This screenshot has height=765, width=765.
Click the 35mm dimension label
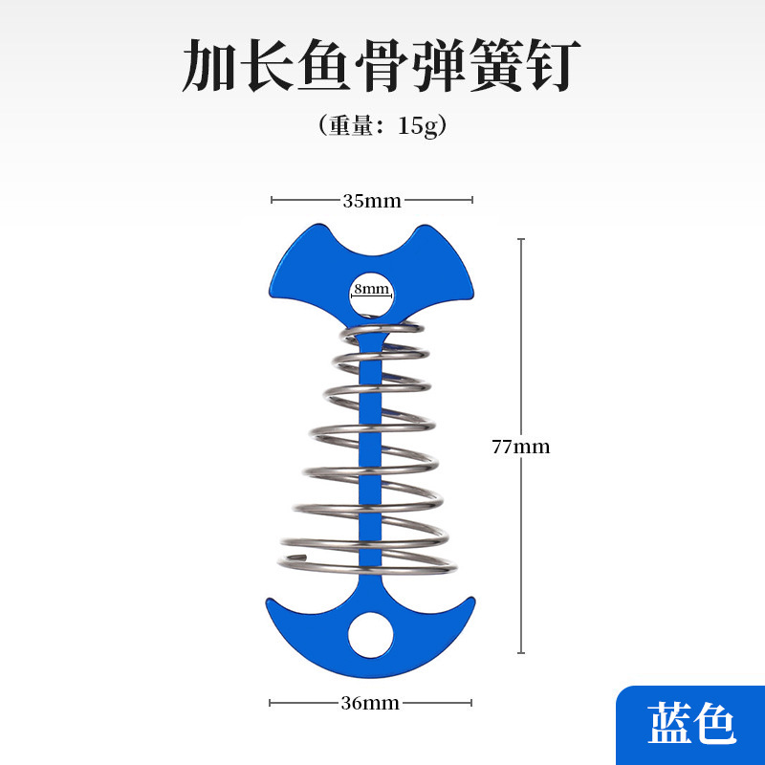[x=372, y=201]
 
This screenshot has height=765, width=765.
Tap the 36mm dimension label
[x=370, y=704]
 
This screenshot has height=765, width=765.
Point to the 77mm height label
[x=520, y=447]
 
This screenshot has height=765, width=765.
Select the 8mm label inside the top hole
[x=371, y=288]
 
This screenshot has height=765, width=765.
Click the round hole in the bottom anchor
[x=370, y=635]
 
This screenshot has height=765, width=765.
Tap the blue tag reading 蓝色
[x=690, y=724]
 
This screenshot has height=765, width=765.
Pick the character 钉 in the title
[x=552, y=66]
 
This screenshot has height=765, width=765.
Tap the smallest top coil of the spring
[x=382, y=331]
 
